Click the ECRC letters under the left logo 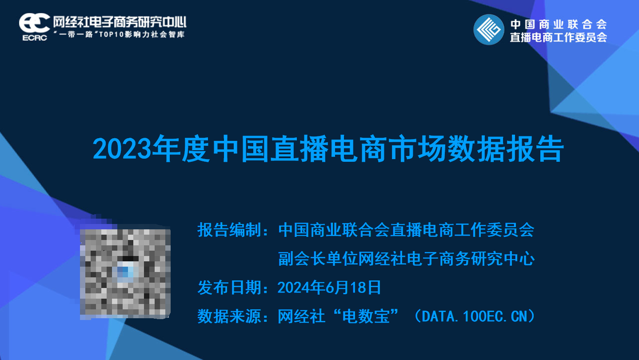(x=35, y=38)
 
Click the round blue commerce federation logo (x=489, y=30)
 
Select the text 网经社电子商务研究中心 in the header (x=120, y=22)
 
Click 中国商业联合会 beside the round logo (x=559, y=24)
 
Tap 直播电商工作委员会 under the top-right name (x=559, y=37)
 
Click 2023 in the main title (x=122, y=149)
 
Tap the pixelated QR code (x=125, y=274)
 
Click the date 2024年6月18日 (x=329, y=288)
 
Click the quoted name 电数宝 (x=366, y=316)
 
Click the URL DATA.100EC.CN (x=475, y=316)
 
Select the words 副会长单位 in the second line (x=318, y=259)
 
